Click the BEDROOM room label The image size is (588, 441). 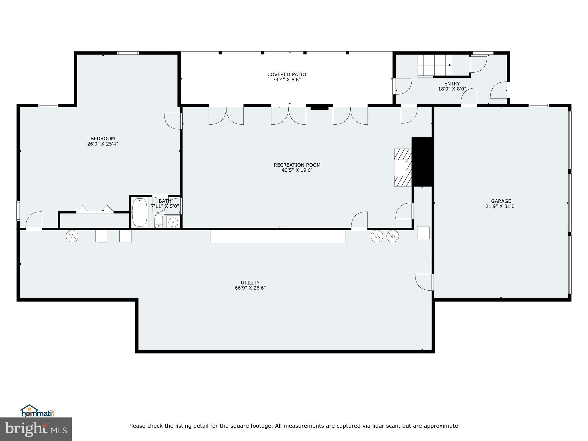(102, 138)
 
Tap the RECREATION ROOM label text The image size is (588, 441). (297, 165)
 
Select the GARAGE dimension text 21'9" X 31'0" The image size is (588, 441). (501, 206)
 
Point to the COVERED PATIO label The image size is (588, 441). (287, 74)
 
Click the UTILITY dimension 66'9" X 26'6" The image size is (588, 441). (250, 288)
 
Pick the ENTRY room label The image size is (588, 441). (452, 84)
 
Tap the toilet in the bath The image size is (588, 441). (158, 220)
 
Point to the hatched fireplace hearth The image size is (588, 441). (403, 167)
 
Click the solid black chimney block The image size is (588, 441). (422, 162)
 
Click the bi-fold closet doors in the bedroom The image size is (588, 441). (95, 209)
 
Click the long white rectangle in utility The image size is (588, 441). (278, 236)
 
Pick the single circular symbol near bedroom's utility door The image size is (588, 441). (72, 236)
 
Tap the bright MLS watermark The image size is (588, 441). (36, 429)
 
